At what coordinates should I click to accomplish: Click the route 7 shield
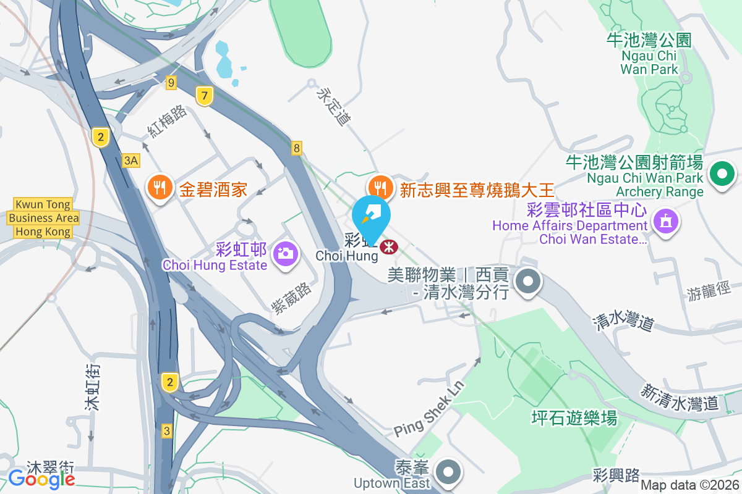tap(205, 96)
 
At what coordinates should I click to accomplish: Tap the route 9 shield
tap(171, 82)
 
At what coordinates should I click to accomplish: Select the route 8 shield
tap(297, 148)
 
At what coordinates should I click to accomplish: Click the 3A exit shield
tap(131, 161)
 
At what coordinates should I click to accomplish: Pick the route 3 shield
tap(167, 430)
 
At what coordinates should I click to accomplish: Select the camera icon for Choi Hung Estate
tap(285, 253)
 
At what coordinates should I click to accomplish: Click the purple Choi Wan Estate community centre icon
tap(665, 220)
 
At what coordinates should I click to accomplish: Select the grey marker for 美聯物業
tap(527, 282)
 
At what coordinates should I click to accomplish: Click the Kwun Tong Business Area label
tap(43, 218)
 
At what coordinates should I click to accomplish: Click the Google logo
tap(42, 478)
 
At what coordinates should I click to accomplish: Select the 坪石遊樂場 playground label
tap(574, 418)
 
